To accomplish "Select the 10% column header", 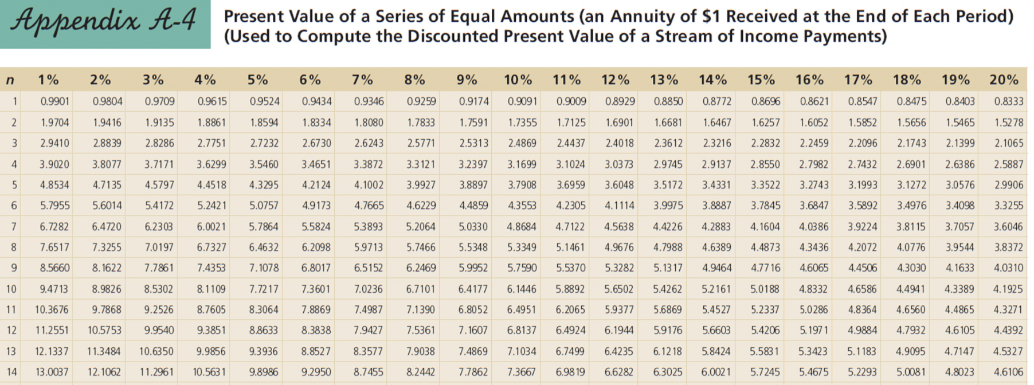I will [518, 80].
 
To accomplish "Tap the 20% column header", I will [1004, 80].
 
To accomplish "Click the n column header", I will [10, 80].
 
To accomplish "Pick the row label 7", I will [14, 227].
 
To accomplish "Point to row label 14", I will [11, 372].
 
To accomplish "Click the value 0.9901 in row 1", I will [54, 101].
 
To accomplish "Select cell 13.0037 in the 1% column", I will [52, 372].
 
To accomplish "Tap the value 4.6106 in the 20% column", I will [1008, 372].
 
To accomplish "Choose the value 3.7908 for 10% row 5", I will [522, 185].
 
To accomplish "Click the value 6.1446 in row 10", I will [522, 289].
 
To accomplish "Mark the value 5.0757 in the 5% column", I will [264, 206].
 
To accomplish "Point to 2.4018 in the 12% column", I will [619, 143].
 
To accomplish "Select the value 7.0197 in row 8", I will [159, 247].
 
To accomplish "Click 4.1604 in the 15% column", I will [765, 227].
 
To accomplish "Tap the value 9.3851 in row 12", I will [211, 331].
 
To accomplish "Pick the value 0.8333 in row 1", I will [1008, 101].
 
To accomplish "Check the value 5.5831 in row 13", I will [765, 351].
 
